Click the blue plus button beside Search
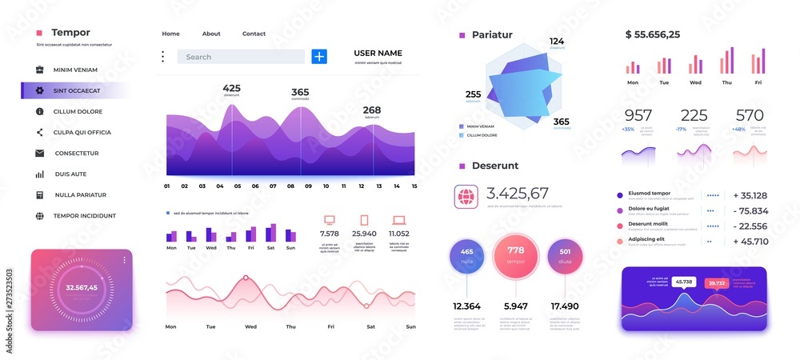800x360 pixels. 319,56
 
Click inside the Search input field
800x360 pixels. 240,57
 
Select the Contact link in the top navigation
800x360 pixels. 254,34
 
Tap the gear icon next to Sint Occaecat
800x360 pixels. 39,90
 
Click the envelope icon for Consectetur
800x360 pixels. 39,153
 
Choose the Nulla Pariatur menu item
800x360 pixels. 80,194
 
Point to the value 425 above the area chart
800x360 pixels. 231,88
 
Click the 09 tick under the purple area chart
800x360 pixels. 307,186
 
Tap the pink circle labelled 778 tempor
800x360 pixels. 515,255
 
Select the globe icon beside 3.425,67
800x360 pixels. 466,196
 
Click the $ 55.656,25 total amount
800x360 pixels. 652,34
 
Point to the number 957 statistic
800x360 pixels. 638,115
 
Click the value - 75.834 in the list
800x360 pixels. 750,210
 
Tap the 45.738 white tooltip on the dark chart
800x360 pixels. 683,282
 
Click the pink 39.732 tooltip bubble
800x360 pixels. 716,282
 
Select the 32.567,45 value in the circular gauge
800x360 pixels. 82,287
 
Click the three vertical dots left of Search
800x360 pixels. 162,57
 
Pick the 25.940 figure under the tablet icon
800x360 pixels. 363,234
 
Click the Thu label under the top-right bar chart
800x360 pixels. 726,82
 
